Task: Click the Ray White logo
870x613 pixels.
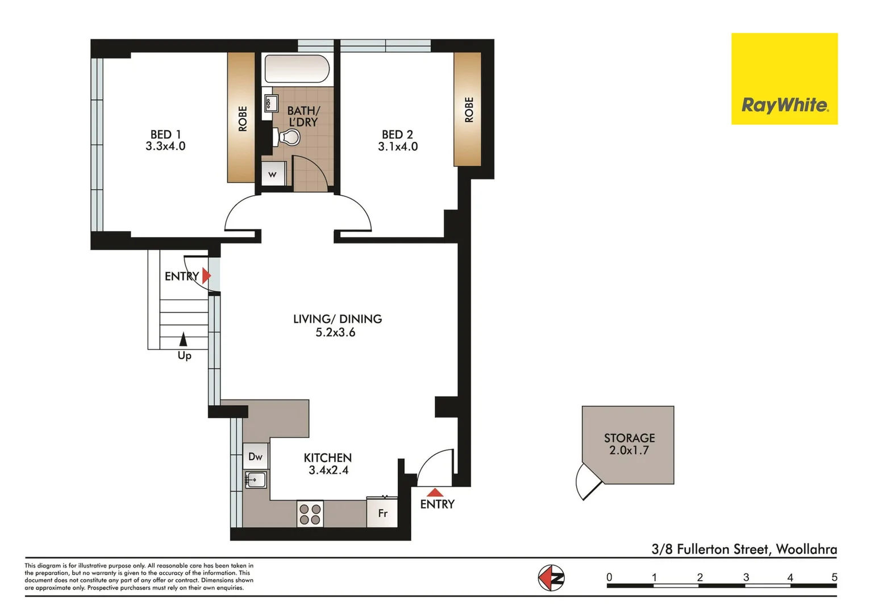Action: (784, 79)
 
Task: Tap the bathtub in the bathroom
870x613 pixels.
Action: (297, 69)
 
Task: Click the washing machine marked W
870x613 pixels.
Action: (273, 174)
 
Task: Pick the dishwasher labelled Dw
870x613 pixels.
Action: (255, 456)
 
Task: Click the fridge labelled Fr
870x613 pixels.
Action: (382, 513)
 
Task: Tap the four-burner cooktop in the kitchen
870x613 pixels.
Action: (310, 514)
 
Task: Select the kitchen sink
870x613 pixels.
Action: (255, 480)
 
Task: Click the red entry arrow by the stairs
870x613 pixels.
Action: (206, 276)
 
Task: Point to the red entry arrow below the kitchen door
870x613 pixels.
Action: (435, 492)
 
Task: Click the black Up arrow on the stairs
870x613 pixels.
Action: (183, 339)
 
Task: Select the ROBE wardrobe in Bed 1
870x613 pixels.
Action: (242, 118)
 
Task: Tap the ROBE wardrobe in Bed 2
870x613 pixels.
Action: (468, 110)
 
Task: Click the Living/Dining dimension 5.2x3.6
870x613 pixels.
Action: (335, 333)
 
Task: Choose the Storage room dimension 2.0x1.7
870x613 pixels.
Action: (629, 451)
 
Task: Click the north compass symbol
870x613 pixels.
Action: (551, 578)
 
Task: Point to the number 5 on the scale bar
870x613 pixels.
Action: (834, 577)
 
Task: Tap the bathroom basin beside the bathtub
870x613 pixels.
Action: (270, 103)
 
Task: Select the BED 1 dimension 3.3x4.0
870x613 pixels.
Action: (165, 146)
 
